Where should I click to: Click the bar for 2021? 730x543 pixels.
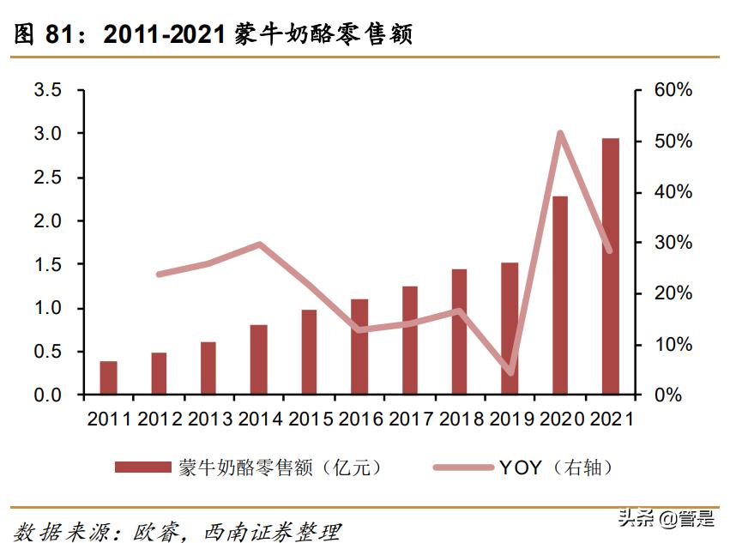click(x=610, y=267)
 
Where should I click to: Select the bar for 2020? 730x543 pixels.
click(x=560, y=296)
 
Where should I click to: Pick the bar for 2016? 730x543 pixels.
click(x=359, y=347)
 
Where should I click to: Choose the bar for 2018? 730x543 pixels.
click(x=460, y=332)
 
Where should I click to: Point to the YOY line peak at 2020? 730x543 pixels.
click(x=559, y=133)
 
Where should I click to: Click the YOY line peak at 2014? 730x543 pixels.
click(x=259, y=244)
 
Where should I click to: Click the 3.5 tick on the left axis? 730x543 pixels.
click(x=46, y=90)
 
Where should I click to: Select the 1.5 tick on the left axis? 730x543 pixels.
click(x=46, y=265)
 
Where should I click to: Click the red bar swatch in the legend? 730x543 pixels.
click(x=143, y=468)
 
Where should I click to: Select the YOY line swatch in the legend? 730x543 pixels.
click(x=462, y=468)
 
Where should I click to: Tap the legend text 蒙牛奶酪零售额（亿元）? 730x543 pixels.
click(x=280, y=468)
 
